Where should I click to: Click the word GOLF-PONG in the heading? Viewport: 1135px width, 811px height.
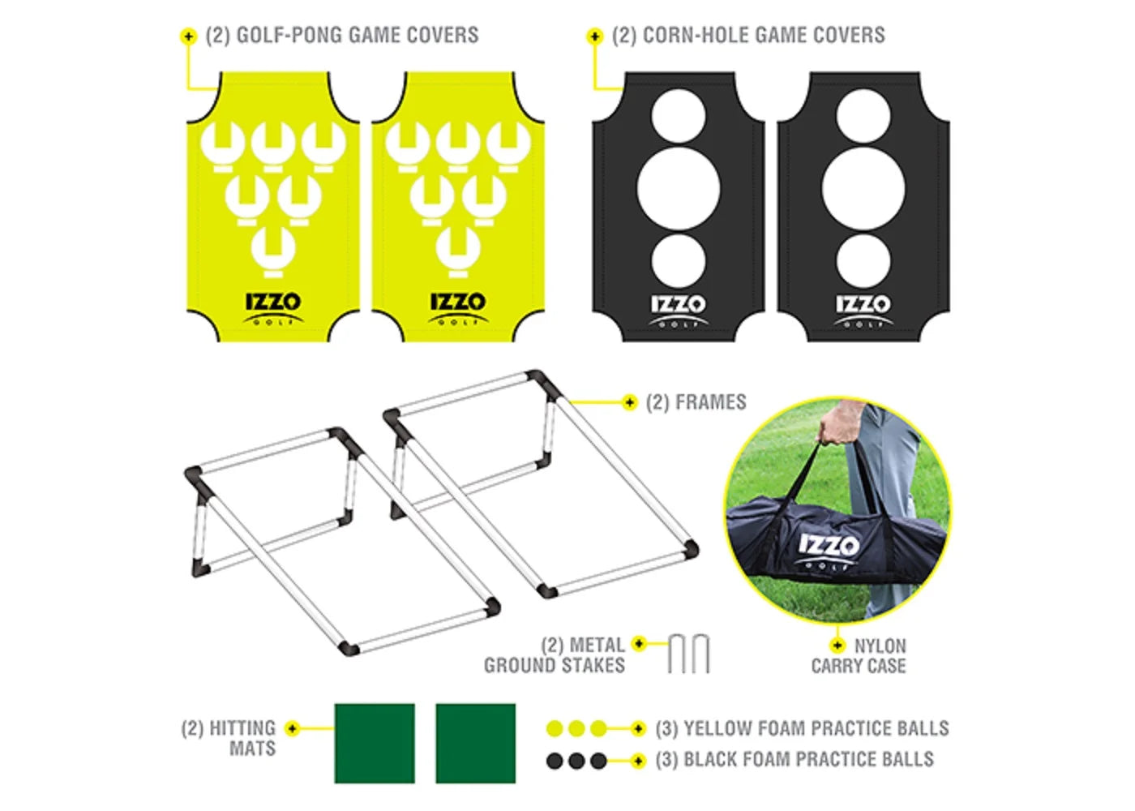(x=290, y=35)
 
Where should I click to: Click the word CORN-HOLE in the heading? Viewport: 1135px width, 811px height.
(x=696, y=35)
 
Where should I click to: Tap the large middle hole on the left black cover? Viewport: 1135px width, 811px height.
(x=678, y=188)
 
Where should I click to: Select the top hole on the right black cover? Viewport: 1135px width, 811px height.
(x=863, y=116)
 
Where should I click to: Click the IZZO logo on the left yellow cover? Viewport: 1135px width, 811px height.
(x=274, y=308)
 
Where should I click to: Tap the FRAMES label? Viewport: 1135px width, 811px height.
(x=696, y=402)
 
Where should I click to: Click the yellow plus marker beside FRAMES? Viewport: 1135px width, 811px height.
(x=629, y=403)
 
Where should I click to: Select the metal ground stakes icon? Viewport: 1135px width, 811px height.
(x=688, y=654)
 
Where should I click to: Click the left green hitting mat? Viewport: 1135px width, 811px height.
(x=375, y=744)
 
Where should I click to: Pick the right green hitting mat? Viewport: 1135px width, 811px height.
(x=476, y=744)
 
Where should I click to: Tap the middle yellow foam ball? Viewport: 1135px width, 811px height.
(x=576, y=729)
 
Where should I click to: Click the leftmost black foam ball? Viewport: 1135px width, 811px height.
(x=555, y=761)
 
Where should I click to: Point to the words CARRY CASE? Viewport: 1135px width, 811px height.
(x=859, y=666)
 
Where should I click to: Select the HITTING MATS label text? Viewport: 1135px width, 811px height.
(x=229, y=738)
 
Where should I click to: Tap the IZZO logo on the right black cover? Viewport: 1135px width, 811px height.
(x=863, y=310)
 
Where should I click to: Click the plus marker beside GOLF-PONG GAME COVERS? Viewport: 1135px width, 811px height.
(x=188, y=36)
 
